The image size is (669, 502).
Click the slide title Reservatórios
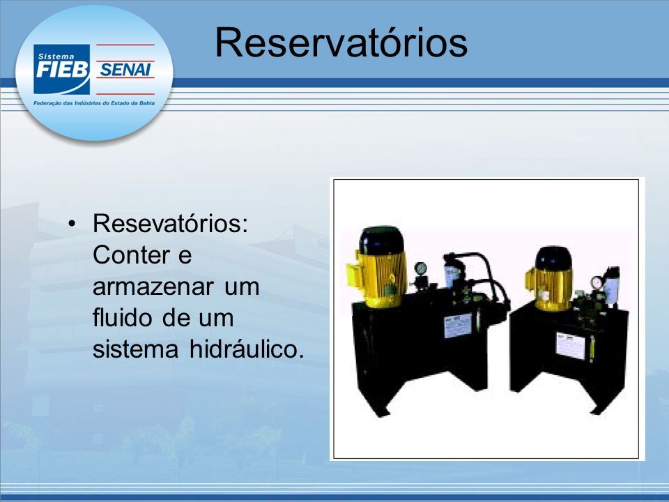(x=341, y=43)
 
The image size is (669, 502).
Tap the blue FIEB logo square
(x=62, y=69)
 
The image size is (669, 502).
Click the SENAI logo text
(x=125, y=70)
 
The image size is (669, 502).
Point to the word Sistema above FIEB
(x=56, y=56)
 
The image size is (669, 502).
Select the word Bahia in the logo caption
(x=147, y=103)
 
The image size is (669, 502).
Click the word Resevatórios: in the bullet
(x=170, y=223)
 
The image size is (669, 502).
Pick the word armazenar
(x=153, y=287)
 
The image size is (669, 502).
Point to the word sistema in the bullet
(x=135, y=349)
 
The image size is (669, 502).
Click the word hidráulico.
(x=247, y=349)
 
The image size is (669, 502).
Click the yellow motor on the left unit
(x=378, y=278)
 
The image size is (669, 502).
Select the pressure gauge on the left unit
(x=420, y=268)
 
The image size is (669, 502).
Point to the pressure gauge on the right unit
(x=597, y=282)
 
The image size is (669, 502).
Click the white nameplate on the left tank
(x=458, y=326)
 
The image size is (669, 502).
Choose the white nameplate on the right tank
(x=571, y=346)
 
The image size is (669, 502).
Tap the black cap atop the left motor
(x=381, y=240)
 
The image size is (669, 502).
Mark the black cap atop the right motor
(x=554, y=258)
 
